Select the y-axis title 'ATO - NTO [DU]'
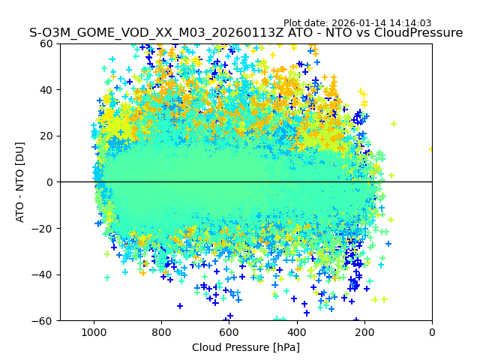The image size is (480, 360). [20, 182]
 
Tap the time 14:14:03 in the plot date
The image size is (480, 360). [410, 23]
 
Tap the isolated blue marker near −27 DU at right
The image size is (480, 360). [388, 243]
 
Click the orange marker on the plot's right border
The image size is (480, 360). [431, 148]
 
